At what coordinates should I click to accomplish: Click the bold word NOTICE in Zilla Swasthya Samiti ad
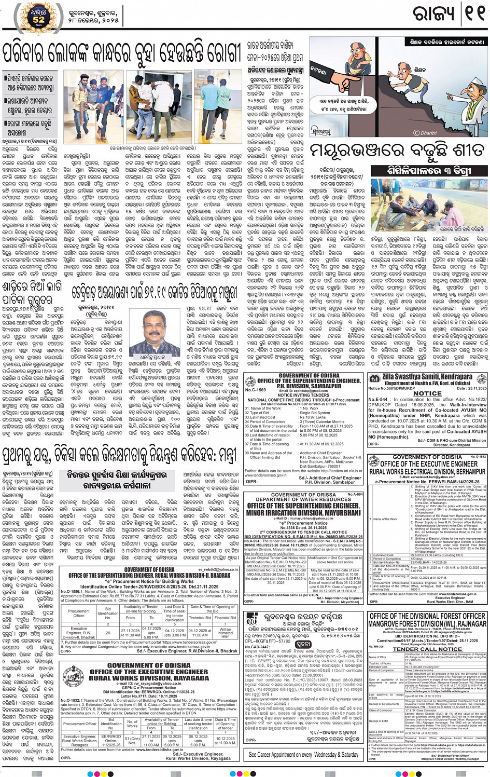click(x=427, y=393)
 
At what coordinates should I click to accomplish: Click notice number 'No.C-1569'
click(x=256, y=390)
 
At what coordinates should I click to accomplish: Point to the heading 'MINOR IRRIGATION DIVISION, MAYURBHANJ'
click(x=303, y=513)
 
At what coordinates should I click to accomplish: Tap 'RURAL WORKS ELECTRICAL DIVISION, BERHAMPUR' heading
click(x=427, y=471)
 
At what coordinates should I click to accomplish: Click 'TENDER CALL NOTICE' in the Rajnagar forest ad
click(x=427, y=649)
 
